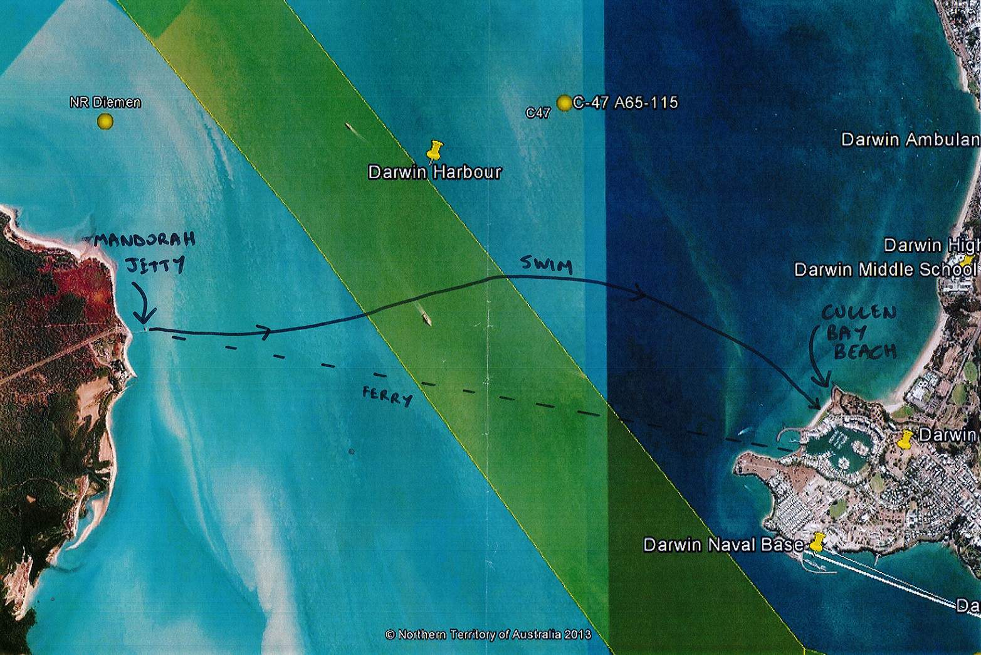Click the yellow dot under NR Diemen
tap(105, 121)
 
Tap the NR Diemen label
tap(105, 102)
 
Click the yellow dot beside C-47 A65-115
tap(564, 103)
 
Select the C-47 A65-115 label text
tap(625, 102)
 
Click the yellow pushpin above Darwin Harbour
tap(434, 151)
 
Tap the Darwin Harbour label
tap(434, 172)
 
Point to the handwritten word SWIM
tap(547, 265)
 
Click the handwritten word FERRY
tap(387, 396)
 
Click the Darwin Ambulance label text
tap(910, 139)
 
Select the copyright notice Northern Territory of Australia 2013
tap(488, 634)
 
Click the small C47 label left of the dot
tap(538, 113)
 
